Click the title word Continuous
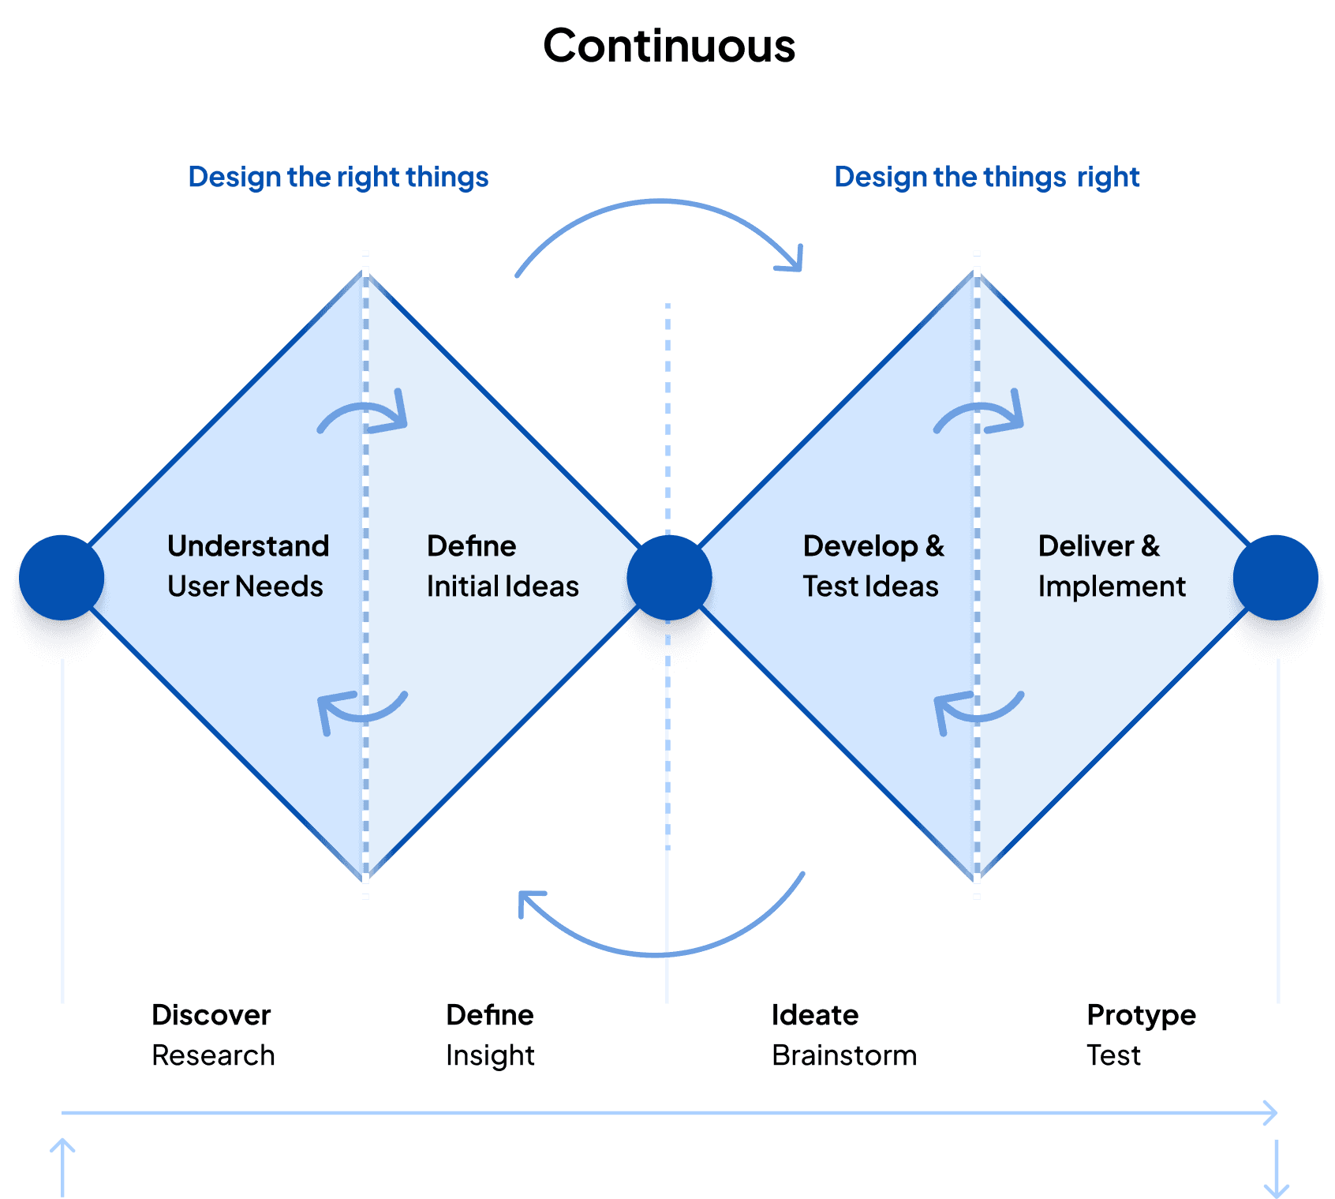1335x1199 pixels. click(669, 46)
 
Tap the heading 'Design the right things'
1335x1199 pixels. click(338, 177)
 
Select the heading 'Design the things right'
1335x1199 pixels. click(987, 177)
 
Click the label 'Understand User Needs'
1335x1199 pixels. click(248, 566)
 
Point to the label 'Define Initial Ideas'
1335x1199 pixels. click(503, 566)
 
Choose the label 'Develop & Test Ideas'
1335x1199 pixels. click(873, 566)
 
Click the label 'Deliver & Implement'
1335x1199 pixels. click(1111, 566)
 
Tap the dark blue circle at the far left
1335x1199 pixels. click(62, 578)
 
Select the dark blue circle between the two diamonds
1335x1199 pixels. click(668, 578)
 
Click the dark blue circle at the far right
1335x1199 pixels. click(1276, 578)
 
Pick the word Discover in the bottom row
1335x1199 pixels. click(211, 1015)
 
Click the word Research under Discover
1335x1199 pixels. click(213, 1055)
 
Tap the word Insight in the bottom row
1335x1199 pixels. click(490, 1055)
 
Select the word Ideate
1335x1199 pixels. click(814, 1015)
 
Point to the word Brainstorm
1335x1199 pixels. click(844, 1055)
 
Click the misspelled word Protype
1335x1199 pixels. click(1141, 1015)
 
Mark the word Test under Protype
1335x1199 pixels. click(1113, 1055)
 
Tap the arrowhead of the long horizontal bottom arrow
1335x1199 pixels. click(1270, 1113)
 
